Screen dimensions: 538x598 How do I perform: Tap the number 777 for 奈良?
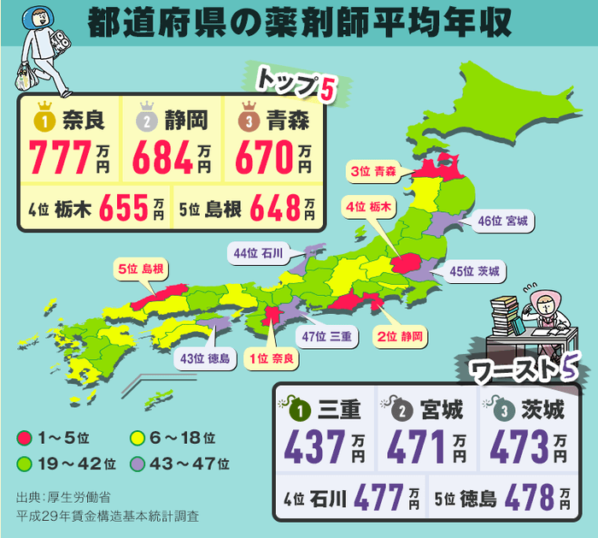[60, 157]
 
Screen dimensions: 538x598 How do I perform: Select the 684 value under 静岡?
[163, 157]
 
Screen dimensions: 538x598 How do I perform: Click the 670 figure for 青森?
[264, 157]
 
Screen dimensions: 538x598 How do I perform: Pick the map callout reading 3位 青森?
[372, 171]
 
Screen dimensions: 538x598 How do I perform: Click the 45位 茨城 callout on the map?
[477, 272]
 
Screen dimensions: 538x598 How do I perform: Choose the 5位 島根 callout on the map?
[139, 269]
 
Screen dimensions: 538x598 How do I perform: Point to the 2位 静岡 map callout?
[400, 336]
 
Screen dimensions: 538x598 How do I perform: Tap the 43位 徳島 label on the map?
[206, 359]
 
